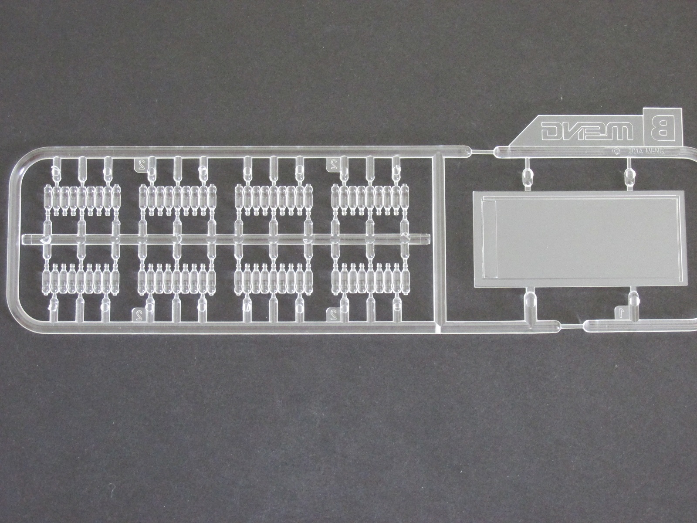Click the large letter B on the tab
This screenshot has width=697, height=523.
(x=660, y=129)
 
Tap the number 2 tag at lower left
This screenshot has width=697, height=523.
(x=138, y=312)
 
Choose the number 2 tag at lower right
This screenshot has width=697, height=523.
(x=332, y=312)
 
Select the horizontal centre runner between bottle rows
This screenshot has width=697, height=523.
(x=227, y=238)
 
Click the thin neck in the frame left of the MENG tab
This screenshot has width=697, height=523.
(x=484, y=152)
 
